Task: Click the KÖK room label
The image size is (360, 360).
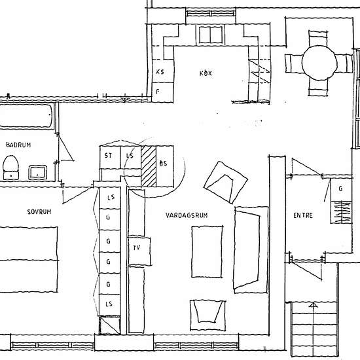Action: (x=206, y=73)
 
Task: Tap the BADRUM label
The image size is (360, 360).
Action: (x=18, y=145)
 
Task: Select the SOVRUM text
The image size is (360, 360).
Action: (x=39, y=211)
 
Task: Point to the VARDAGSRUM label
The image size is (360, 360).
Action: (x=187, y=215)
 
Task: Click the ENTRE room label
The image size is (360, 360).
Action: (x=303, y=215)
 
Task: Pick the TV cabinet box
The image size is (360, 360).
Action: (x=139, y=251)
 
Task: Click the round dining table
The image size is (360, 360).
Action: (x=319, y=62)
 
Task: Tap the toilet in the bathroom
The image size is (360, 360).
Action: (x=10, y=168)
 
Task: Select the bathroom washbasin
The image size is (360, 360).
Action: (x=38, y=172)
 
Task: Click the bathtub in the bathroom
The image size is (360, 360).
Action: (x=26, y=116)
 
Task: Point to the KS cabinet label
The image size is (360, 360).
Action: (x=160, y=72)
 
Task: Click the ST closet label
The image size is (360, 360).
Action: (x=108, y=156)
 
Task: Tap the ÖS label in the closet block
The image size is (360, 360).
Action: (x=163, y=164)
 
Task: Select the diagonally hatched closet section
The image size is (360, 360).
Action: (x=149, y=166)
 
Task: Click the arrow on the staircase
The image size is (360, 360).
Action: (x=313, y=329)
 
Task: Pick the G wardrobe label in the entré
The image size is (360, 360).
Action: (x=340, y=189)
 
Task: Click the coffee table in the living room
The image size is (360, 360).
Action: (x=207, y=252)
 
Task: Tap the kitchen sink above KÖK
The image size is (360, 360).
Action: (x=211, y=35)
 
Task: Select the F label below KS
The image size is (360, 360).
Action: (x=158, y=92)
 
